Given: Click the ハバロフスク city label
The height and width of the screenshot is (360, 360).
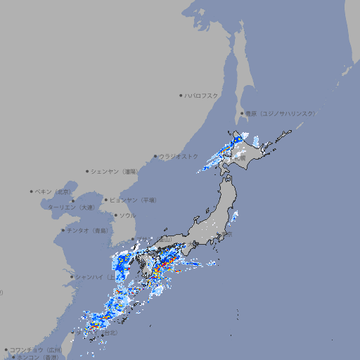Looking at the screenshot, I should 202,95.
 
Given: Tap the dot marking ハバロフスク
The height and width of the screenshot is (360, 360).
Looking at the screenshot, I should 181,95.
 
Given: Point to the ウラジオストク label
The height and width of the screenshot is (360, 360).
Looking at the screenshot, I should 179,156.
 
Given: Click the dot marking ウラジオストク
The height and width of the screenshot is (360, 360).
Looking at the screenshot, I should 155,156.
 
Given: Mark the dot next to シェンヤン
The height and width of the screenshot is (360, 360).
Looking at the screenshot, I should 88,171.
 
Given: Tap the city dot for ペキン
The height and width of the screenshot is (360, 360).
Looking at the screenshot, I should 32,191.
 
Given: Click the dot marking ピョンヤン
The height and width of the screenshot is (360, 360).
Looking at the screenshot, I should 106,200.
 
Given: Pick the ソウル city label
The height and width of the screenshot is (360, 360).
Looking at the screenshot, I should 127,215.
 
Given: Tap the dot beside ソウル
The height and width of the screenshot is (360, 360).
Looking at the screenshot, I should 115,215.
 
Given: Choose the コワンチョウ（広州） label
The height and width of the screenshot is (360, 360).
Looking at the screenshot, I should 35,349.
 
